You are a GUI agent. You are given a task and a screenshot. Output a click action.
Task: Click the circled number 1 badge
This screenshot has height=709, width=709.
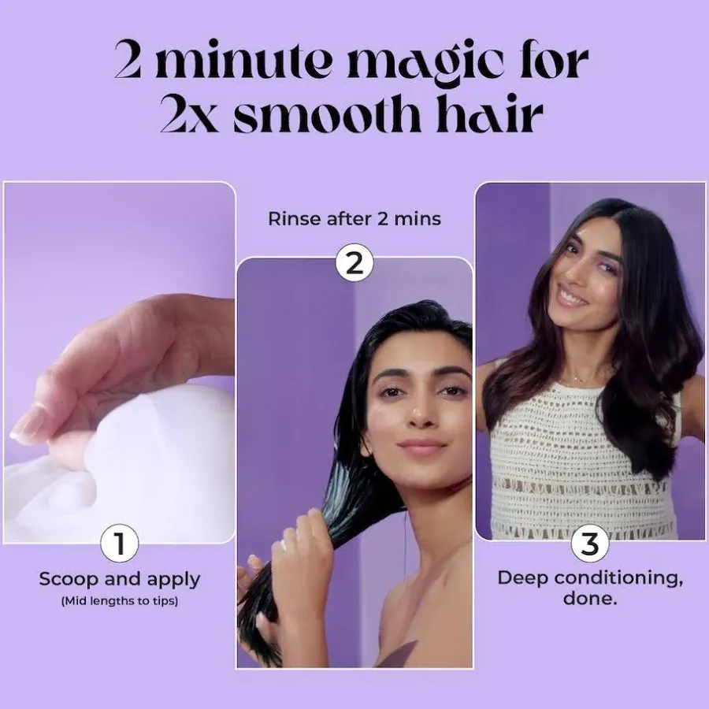(x=120, y=543)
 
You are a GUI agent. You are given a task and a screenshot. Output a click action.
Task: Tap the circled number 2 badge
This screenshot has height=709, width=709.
(x=354, y=263)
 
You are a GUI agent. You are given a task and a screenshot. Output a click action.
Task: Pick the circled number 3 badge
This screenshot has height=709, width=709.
(x=589, y=543)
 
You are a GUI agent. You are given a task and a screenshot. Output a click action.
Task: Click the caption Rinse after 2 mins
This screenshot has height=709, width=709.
(x=354, y=219)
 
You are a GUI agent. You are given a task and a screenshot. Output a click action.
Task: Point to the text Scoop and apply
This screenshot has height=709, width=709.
(x=120, y=579)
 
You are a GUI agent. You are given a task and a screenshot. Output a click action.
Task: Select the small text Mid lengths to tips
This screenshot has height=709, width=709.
(x=120, y=602)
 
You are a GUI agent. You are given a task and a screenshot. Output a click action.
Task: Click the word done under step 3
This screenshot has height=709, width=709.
(x=589, y=599)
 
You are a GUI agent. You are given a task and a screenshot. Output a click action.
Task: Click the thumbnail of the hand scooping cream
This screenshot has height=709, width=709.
(x=120, y=362)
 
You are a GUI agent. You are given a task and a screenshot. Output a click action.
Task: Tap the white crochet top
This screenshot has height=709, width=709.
(x=583, y=465)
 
